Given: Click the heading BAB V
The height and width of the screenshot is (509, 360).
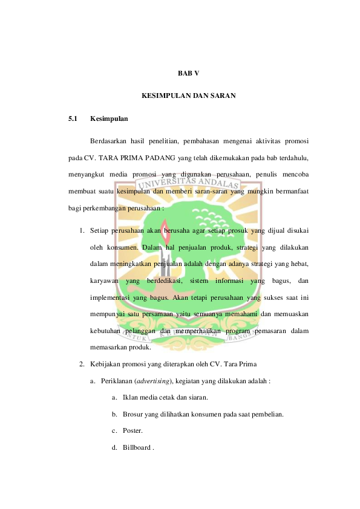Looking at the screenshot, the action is point(188,74).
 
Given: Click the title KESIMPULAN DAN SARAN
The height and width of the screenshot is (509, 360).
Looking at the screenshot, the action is point(188,96).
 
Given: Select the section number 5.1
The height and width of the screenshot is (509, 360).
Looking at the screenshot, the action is point(73,118).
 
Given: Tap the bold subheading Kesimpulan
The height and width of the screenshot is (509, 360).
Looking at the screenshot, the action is point(108,118).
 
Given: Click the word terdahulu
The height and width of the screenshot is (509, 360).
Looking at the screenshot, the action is point(292,158).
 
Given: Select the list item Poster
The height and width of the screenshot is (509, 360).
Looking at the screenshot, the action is point(132,431).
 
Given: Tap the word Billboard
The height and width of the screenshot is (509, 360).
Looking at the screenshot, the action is point(136,448).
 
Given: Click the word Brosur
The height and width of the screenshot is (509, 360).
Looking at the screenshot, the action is point(133,415).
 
